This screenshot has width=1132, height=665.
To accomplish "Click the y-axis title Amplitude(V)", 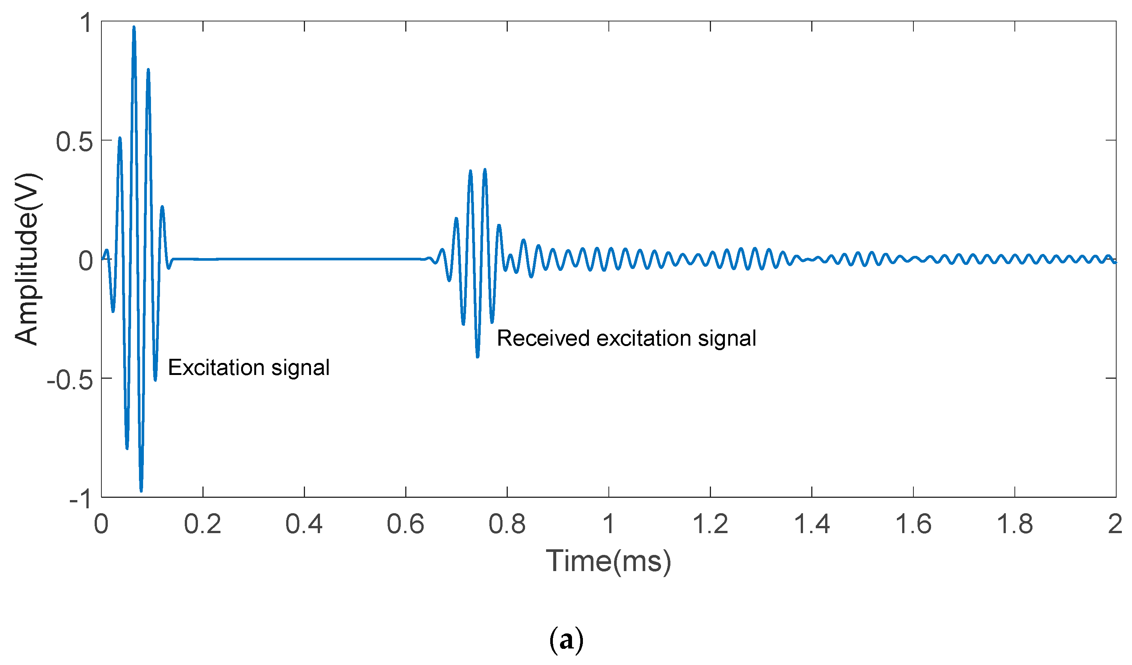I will (x=27, y=259).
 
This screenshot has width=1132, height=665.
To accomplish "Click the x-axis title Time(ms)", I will (x=609, y=561).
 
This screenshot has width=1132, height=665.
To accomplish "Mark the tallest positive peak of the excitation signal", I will (x=134, y=28).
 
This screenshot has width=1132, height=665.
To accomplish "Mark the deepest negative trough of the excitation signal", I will (x=141, y=490).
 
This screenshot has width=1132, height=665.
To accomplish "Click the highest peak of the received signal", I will (x=485, y=170).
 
